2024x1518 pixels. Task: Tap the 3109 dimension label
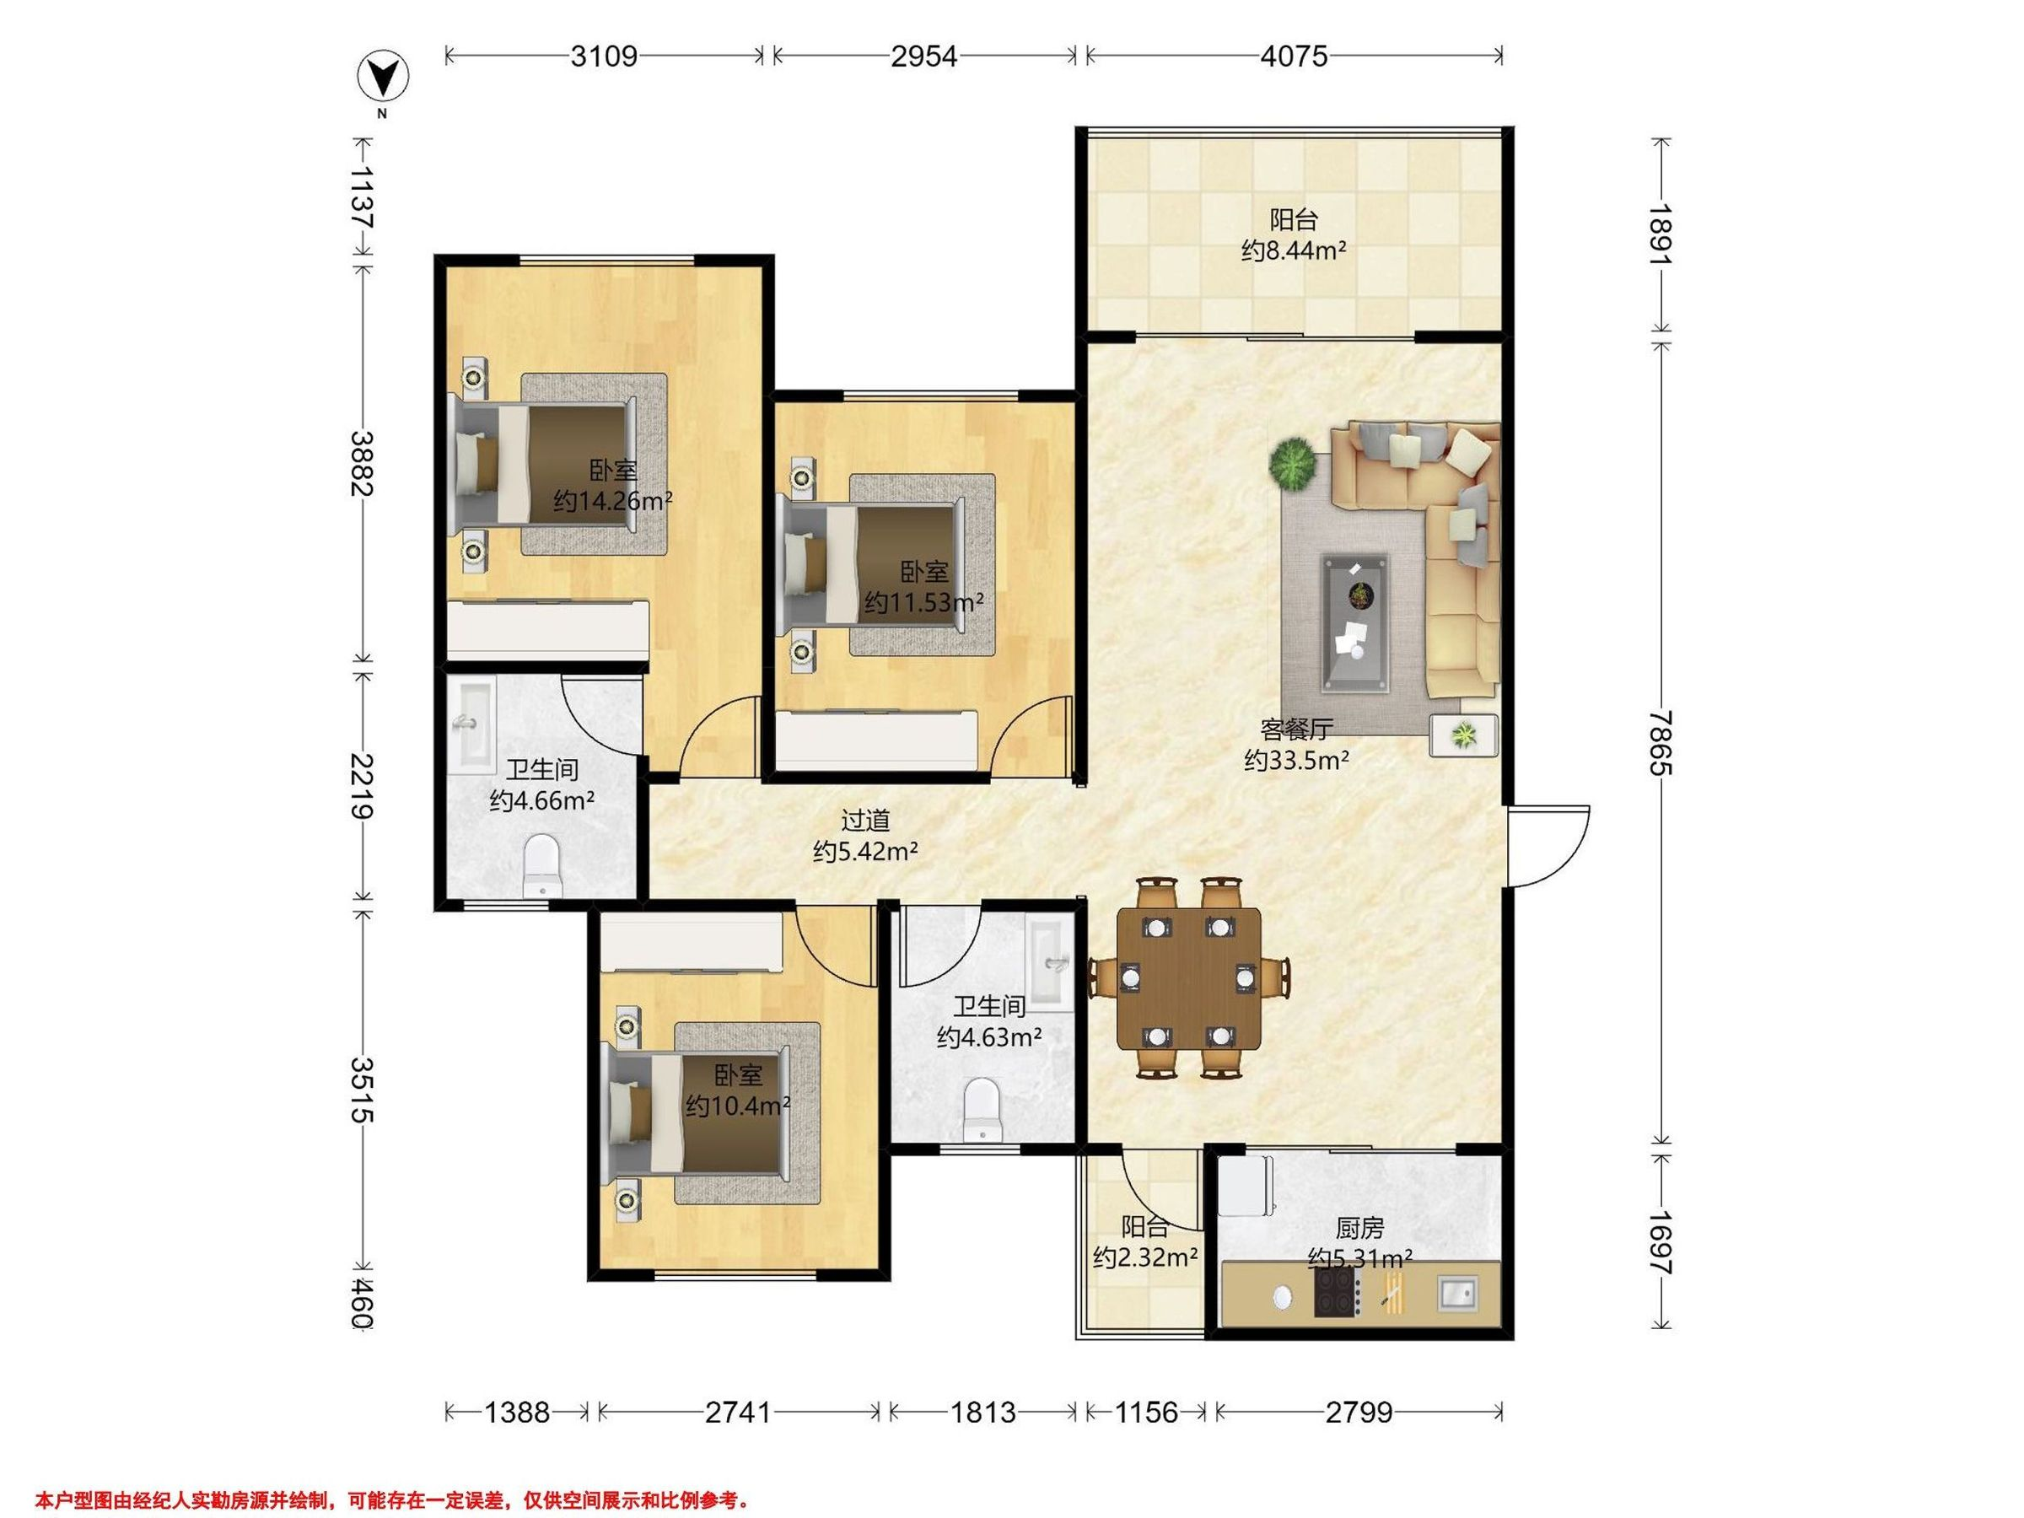604,57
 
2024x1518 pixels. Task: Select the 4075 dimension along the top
1294,57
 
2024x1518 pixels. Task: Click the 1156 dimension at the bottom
1146,1413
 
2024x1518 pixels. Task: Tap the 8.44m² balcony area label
1294,250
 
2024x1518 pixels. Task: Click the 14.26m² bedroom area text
613,502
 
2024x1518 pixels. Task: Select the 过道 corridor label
865,821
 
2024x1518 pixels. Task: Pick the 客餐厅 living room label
1296,729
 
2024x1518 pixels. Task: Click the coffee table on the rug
1354,622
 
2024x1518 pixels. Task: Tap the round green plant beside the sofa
1292,463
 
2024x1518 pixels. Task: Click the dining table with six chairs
1188,977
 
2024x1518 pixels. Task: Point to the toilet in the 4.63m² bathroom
982,1110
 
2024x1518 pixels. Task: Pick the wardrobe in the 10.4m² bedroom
692,946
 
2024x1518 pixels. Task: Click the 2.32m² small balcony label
1145,1257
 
